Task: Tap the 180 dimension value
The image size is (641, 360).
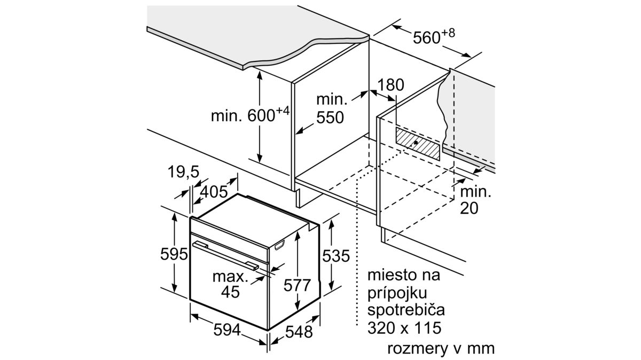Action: [x=391, y=85]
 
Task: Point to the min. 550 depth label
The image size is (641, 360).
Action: [x=330, y=108]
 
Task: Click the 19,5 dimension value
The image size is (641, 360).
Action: [x=183, y=172]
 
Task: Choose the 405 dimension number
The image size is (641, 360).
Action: [x=214, y=191]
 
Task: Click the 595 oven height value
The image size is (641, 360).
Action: [x=174, y=254]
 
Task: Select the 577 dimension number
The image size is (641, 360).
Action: [x=296, y=285]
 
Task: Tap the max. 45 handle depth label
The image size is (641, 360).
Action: [x=230, y=284]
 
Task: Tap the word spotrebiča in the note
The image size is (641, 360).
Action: [x=406, y=310]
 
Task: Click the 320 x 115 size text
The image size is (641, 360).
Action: [x=405, y=327]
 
